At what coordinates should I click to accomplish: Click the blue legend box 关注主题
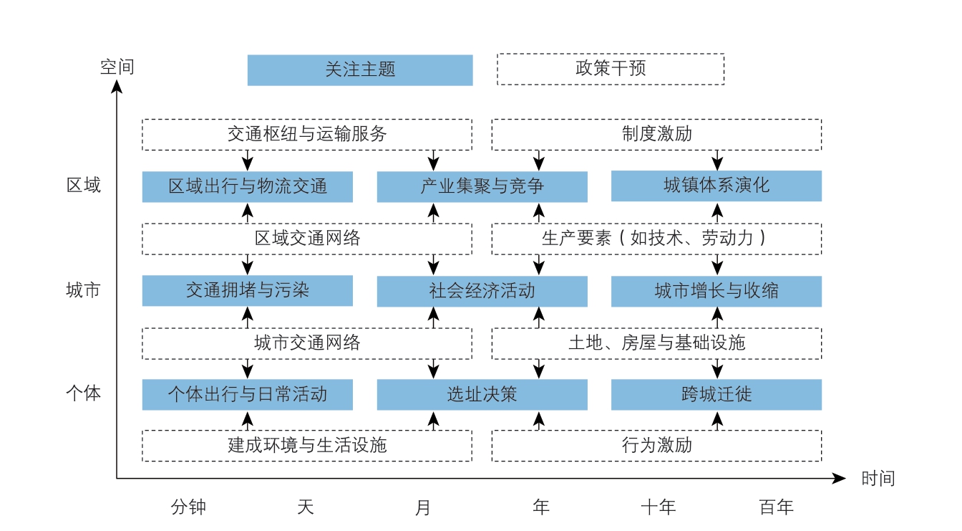pos(360,70)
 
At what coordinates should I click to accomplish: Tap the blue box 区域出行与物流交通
pos(248,186)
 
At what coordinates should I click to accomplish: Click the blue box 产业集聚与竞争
pos(482,186)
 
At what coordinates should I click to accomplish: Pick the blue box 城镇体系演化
pos(716,186)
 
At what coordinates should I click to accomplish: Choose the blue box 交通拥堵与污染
pos(248,291)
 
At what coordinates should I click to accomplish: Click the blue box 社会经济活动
pos(482,291)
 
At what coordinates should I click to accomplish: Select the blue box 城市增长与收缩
pos(716,291)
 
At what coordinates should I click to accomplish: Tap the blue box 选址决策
pos(482,394)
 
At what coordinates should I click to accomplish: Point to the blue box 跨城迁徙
pos(716,394)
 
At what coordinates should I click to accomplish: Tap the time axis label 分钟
pos(188,507)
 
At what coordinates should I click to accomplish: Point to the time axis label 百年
pos(776,507)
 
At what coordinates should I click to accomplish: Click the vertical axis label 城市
pos(83,290)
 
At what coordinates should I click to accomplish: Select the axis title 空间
pos(117,67)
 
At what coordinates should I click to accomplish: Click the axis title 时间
pos(878,479)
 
